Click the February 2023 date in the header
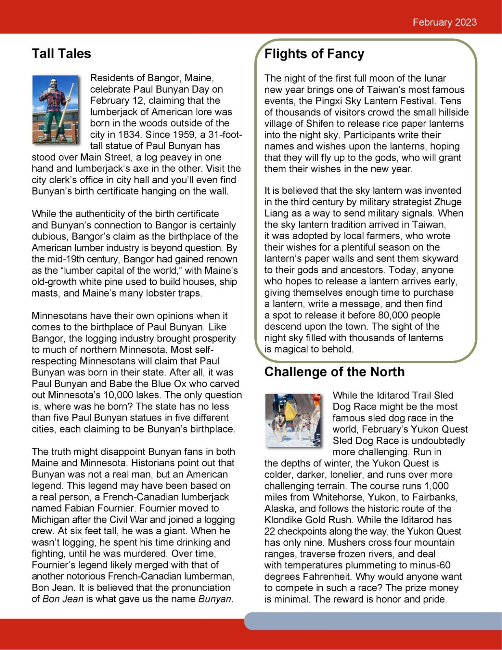(x=444, y=22)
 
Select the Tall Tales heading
(x=61, y=54)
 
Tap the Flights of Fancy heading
(x=314, y=54)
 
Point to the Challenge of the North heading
(x=334, y=372)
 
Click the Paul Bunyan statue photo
(x=56, y=109)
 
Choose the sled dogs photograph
(x=293, y=420)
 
